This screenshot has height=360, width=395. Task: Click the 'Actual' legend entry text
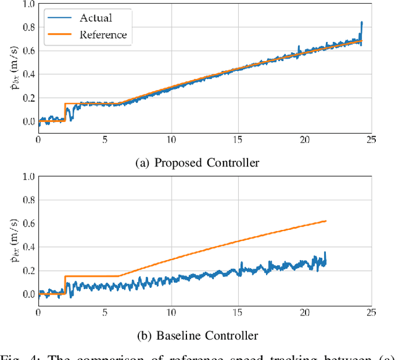(x=96, y=17)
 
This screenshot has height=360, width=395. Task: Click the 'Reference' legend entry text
(x=103, y=35)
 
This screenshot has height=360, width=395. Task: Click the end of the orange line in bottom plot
(x=325, y=221)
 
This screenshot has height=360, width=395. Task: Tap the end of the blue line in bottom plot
(x=325, y=262)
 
